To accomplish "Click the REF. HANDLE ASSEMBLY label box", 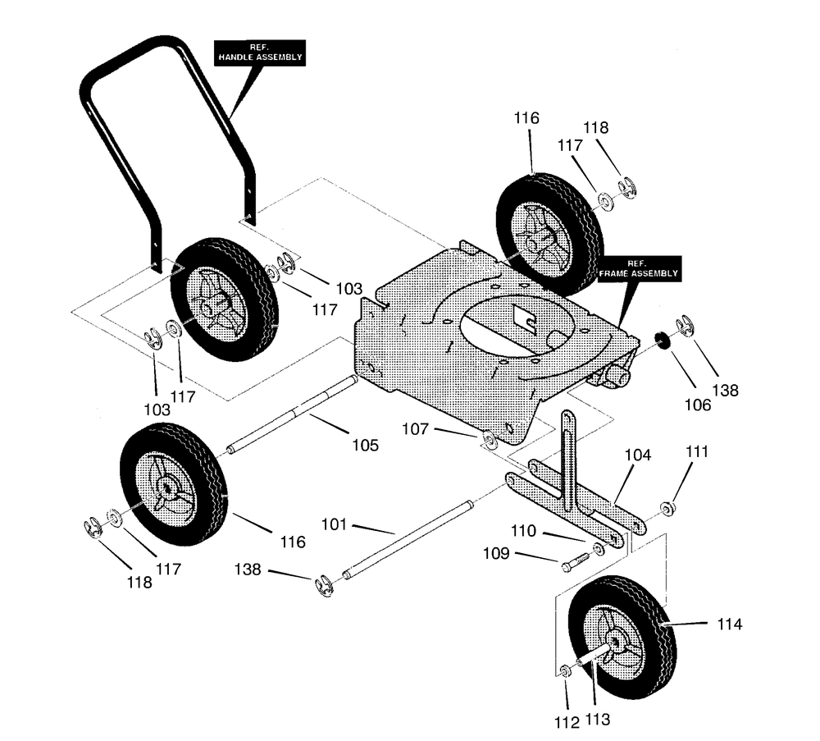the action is (x=260, y=53).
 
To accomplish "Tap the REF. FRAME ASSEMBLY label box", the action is (x=639, y=269).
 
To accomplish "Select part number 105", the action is (x=365, y=446).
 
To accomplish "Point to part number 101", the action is (x=335, y=524).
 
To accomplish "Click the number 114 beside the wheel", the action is (x=730, y=624).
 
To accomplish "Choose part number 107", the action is (x=415, y=429).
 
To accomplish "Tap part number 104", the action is (x=638, y=455).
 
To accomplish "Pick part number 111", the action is (x=696, y=451).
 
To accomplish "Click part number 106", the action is (x=698, y=405).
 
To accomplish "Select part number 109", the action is (x=496, y=553).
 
